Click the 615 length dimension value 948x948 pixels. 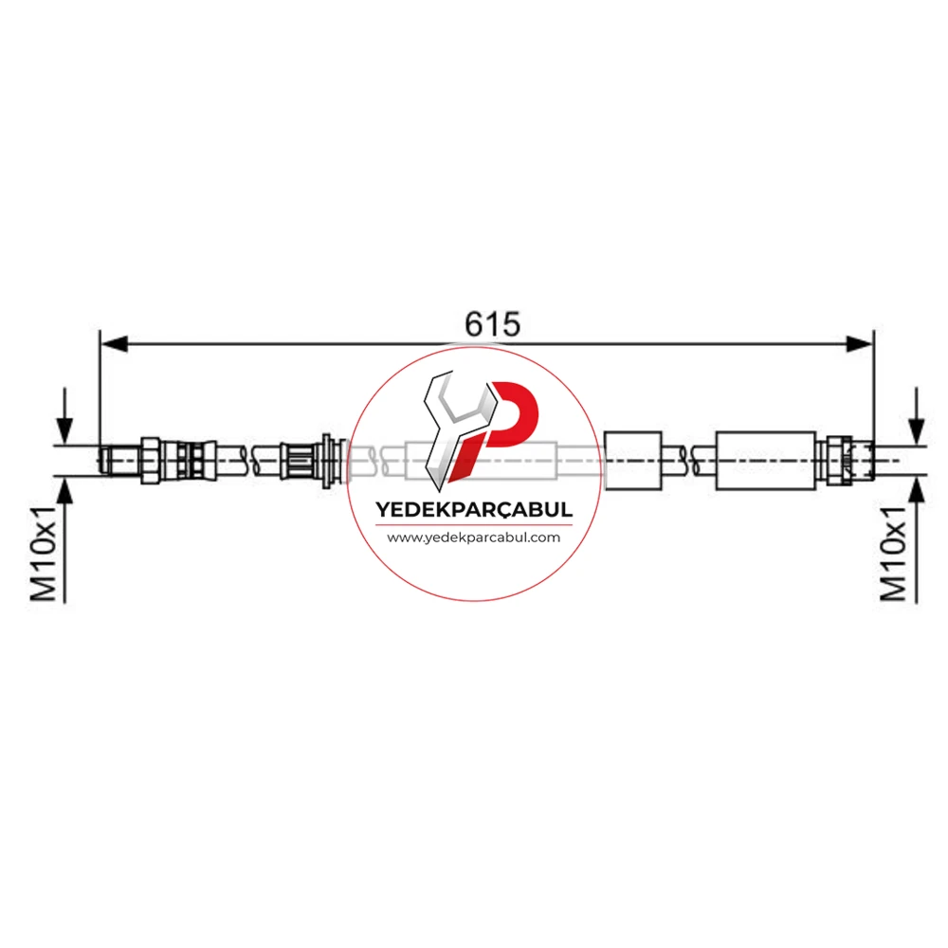point(492,324)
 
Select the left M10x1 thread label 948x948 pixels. point(44,554)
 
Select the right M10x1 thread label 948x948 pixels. point(893,554)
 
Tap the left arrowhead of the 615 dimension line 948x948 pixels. point(115,345)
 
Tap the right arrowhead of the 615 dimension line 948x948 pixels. point(859,345)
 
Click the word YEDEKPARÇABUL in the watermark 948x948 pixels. point(474,510)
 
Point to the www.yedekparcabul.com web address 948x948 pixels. point(473,538)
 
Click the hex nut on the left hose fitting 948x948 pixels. point(151,460)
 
